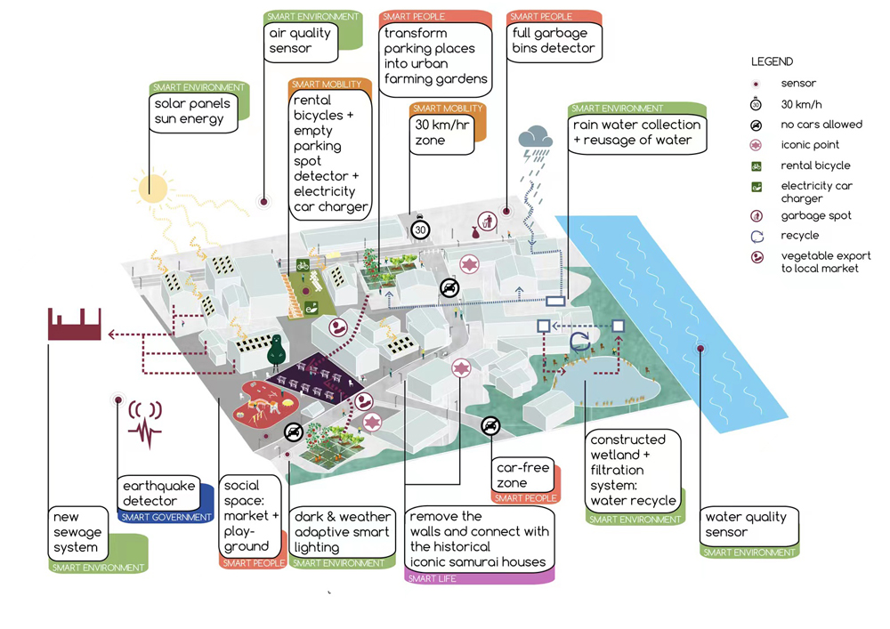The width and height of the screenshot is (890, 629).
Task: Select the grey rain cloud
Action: [x=536, y=137]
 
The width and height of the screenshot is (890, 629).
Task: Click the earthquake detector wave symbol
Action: [x=145, y=423]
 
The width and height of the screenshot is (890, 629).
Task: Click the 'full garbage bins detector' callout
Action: [x=553, y=41]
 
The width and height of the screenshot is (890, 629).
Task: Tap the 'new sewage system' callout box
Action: [x=78, y=533]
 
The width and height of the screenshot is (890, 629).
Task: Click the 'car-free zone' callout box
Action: [x=523, y=475]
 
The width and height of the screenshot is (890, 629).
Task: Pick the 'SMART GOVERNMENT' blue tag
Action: [x=166, y=517]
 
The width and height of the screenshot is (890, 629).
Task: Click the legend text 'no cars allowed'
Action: [x=821, y=125]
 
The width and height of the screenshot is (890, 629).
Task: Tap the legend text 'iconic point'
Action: [x=810, y=144]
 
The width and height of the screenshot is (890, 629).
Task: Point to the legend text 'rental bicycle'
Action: [x=815, y=165]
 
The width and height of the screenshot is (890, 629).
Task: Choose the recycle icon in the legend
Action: [x=757, y=237]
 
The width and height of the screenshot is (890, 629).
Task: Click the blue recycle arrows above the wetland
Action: [x=580, y=342]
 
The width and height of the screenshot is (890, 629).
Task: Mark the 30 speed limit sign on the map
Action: [x=420, y=230]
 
